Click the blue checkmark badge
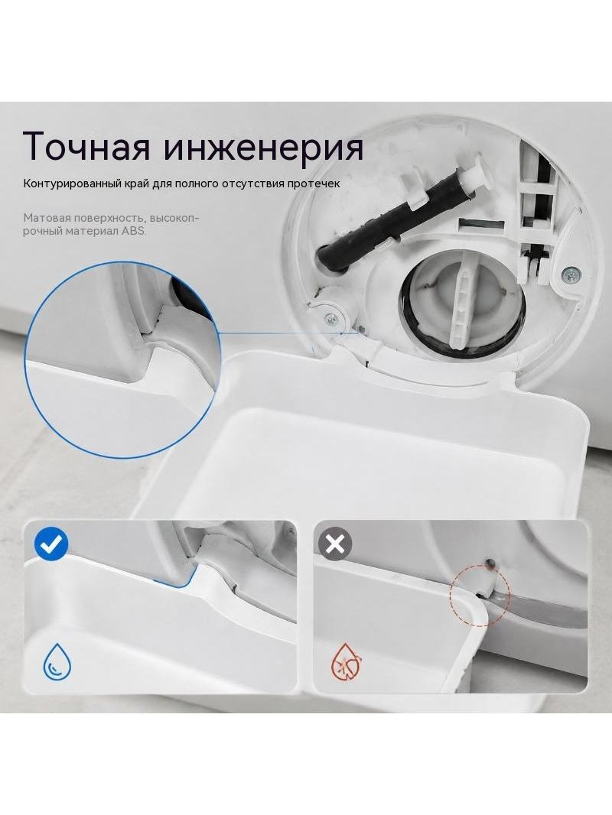(x=51, y=544)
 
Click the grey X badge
(x=335, y=544)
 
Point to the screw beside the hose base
(x=329, y=319)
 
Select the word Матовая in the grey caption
(x=45, y=219)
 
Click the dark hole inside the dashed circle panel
(x=490, y=561)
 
